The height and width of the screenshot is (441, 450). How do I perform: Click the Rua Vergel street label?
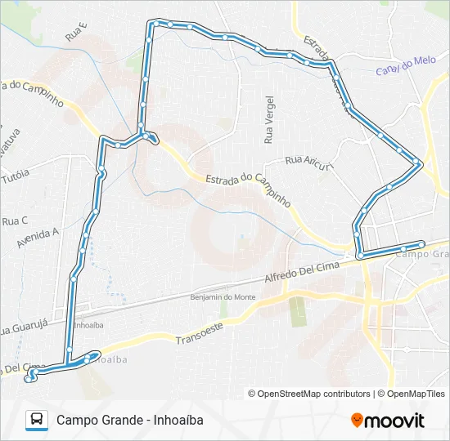click(x=268, y=120)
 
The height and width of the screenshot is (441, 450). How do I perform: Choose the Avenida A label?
click(x=38, y=238)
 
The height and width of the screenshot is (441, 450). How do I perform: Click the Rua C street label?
click(x=15, y=220)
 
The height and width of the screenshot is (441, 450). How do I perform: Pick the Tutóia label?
click(x=16, y=175)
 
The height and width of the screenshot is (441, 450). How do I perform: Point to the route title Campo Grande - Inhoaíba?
click(x=129, y=420)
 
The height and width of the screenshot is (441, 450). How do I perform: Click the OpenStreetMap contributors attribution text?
click(x=308, y=394)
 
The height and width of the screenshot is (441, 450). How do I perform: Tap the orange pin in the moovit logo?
click(x=357, y=420)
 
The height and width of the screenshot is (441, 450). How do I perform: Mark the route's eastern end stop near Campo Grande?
click(x=421, y=243)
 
